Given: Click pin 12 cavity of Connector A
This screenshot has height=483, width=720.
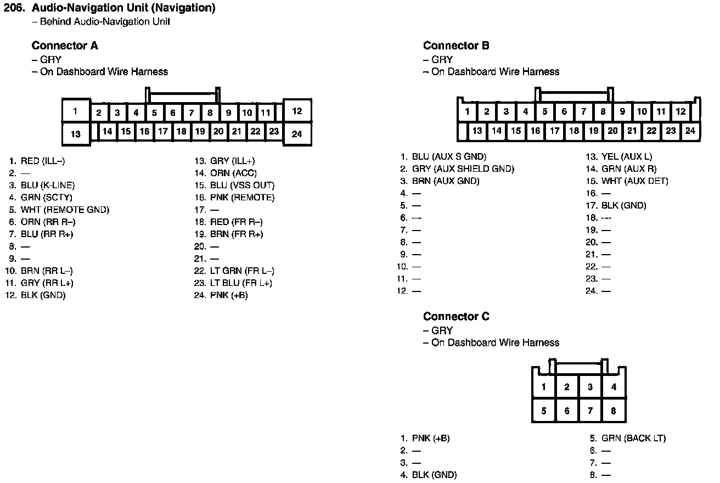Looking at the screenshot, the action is (297, 111).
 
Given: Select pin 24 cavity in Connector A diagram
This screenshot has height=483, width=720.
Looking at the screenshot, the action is (297, 134).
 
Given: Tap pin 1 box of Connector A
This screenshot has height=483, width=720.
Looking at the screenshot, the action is (76, 110).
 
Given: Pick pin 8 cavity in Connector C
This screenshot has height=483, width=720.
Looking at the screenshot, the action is (614, 411).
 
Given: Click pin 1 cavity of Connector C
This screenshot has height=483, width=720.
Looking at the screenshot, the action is (544, 387).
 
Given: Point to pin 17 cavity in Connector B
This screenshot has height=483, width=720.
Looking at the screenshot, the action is (555, 131).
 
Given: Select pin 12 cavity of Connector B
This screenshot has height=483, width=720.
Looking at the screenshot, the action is (680, 111).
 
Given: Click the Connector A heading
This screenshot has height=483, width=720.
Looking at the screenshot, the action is (65, 46).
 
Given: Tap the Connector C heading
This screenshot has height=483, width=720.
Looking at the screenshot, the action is (456, 316).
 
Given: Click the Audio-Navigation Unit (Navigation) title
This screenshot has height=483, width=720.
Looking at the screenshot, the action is (123, 8).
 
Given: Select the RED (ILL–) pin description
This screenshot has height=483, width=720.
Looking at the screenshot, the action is (43, 161).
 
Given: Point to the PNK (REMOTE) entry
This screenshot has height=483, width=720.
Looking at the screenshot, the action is (242, 198).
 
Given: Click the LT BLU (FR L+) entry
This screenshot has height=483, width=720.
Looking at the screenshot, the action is (241, 283).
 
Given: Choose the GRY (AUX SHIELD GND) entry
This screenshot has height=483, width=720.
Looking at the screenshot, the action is (463, 169).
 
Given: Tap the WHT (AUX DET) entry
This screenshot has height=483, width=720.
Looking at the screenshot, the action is (634, 181).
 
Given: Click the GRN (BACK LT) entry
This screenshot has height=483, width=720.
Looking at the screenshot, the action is (633, 438).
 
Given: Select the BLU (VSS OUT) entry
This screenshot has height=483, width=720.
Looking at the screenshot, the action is (242, 186).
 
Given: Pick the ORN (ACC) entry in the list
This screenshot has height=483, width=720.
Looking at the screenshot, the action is (233, 173).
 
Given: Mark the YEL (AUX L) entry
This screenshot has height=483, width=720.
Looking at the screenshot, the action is (627, 157).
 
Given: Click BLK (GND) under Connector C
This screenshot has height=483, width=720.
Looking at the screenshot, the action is (434, 475).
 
